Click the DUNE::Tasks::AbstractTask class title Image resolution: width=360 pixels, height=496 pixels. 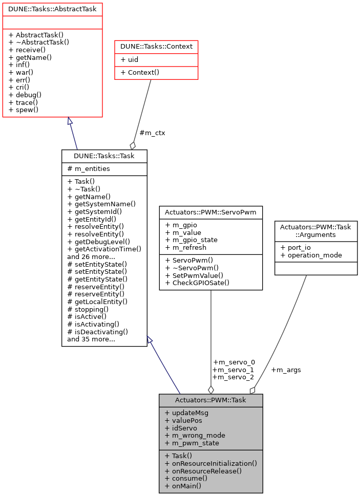point(52,9)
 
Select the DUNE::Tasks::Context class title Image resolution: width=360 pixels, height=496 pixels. point(156,47)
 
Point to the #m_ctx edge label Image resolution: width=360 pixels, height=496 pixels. point(152,133)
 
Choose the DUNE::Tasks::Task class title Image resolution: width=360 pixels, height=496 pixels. point(104,156)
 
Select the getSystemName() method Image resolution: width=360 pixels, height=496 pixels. point(101,204)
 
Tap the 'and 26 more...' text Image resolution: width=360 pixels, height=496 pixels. point(91,256)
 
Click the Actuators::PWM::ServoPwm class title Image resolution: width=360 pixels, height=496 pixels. point(210,212)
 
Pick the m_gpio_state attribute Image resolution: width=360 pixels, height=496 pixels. point(192,240)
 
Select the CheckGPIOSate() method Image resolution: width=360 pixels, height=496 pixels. point(197,283)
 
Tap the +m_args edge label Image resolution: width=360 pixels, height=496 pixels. point(286,370)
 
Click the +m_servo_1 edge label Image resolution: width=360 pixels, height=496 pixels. point(233,370)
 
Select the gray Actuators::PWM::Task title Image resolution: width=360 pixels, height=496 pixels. point(210,400)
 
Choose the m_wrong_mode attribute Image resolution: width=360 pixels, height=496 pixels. point(195,435)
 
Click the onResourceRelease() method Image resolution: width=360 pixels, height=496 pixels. point(203,471)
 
